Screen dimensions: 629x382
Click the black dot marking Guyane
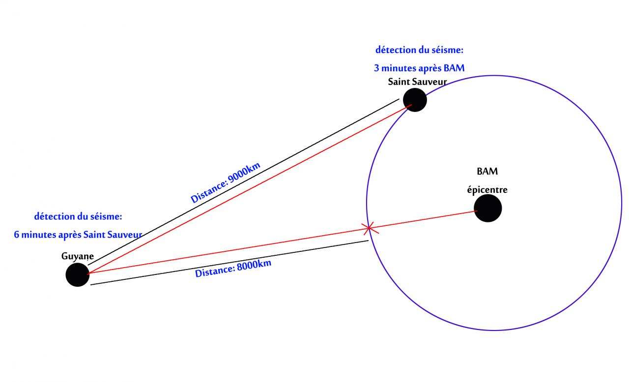click(x=78, y=274)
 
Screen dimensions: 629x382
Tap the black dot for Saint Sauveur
click(x=415, y=100)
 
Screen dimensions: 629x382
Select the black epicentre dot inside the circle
click(x=488, y=208)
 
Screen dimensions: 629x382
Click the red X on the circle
click(x=369, y=227)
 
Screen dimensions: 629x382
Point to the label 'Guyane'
click(x=78, y=256)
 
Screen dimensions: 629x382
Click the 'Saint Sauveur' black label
click(x=417, y=82)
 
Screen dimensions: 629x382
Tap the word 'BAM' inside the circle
click(x=487, y=171)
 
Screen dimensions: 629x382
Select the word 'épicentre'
click(x=487, y=190)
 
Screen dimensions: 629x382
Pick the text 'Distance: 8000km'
click(x=233, y=269)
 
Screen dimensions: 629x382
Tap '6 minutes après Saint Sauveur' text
click(x=78, y=235)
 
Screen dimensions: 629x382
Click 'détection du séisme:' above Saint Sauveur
click(x=420, y=50)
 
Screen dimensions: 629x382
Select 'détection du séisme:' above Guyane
click(x=78, y=216)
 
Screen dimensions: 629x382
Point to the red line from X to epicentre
click(x=423, y=219)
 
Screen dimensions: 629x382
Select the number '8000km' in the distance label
click(x=254, y=265)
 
